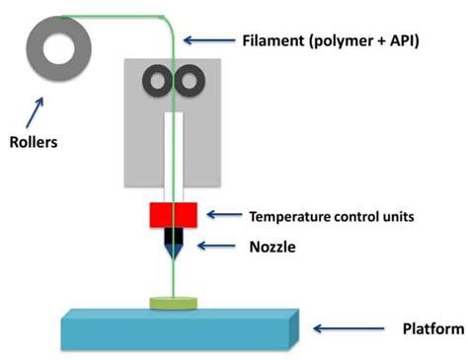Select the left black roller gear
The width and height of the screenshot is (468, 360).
click(157, 80)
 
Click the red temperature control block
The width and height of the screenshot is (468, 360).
click(174, 214)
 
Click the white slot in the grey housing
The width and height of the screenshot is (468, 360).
click(174, 148)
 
